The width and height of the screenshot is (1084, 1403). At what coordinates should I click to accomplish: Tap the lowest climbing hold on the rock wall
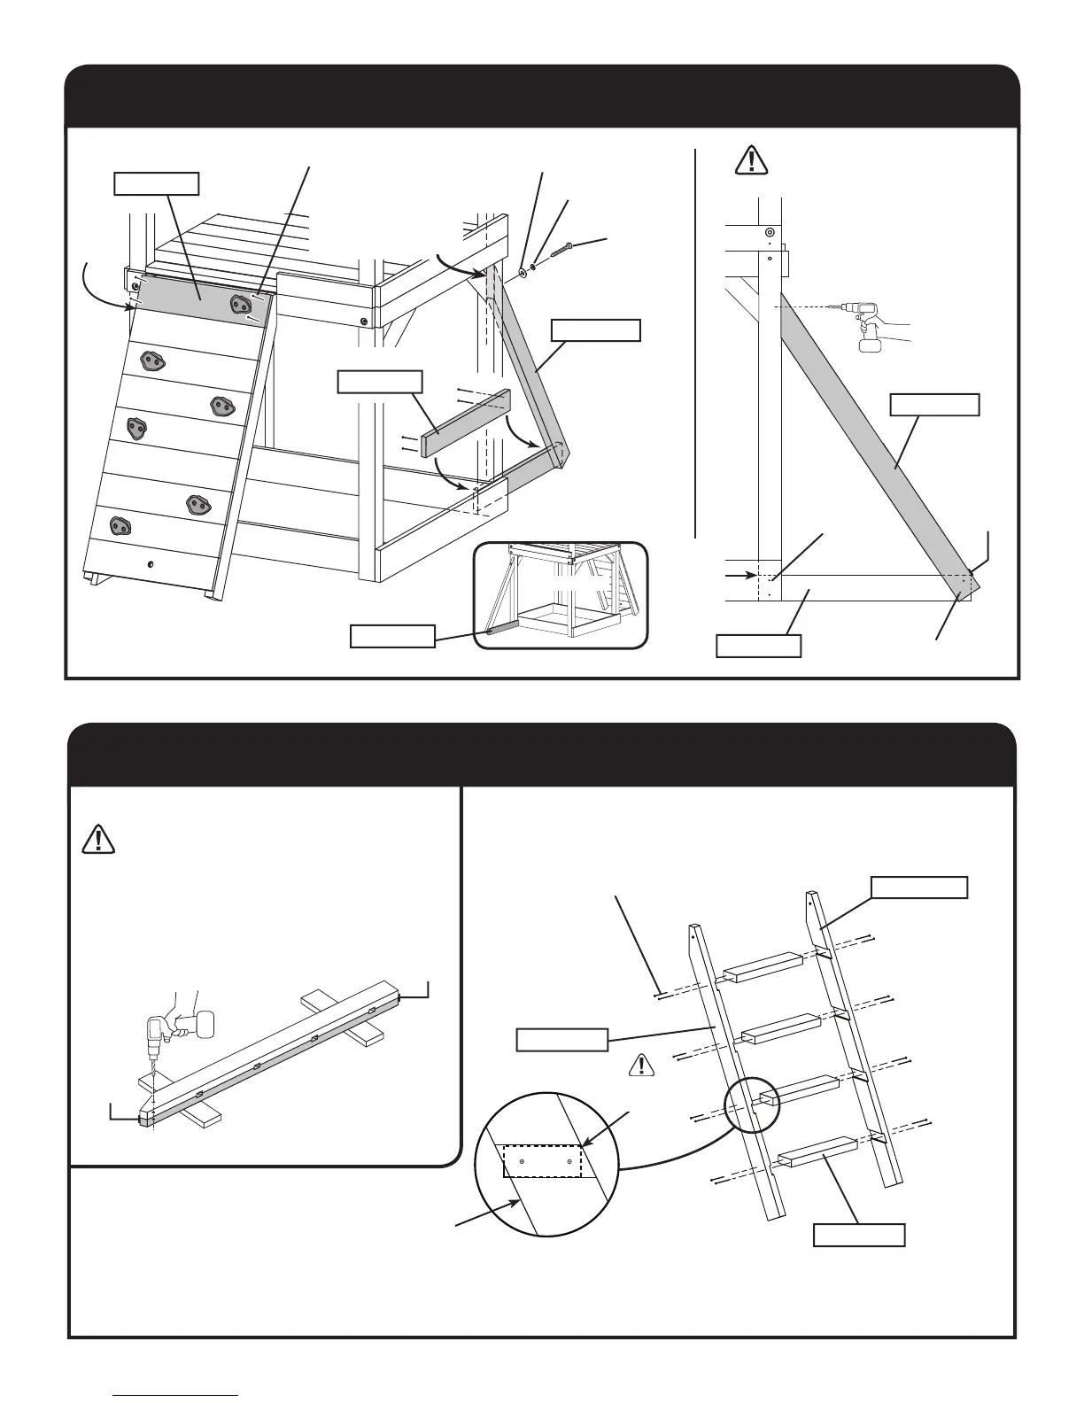[119, 524]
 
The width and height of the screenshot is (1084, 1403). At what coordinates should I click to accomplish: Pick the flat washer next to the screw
[521, 274]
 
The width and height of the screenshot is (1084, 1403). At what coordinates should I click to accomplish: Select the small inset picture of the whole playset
[561, 595]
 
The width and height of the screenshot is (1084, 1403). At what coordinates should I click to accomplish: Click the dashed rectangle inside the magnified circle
[543, 1160]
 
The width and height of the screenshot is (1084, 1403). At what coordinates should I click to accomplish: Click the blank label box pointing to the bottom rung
[858, 1235]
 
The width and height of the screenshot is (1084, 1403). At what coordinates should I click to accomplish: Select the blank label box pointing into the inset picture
[392, 636]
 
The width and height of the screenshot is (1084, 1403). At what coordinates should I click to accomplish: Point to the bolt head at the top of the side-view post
[770, 232]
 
